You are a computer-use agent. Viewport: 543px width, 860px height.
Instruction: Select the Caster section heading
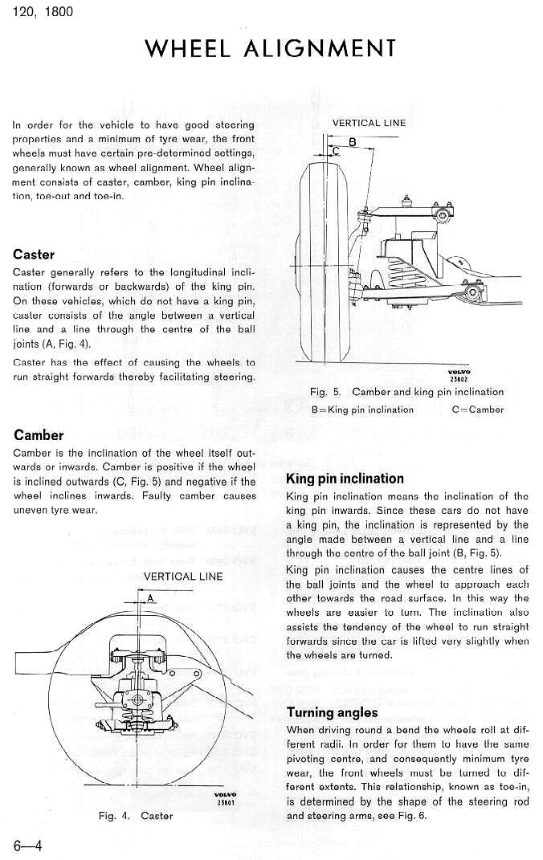click(x=34, y=255)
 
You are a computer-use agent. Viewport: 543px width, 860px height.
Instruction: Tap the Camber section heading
click(x=39, y=435)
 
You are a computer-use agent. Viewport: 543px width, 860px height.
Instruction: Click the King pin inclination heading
click(x=345, y=479)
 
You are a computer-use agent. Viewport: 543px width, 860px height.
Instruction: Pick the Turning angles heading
click(x=332, y=712)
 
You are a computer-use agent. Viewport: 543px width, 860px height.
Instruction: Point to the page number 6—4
click(x=28, y=844)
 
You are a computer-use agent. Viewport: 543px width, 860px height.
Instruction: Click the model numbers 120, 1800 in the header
click(x=43, y=12)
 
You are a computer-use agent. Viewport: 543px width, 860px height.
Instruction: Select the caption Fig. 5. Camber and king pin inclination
click(x=406, y=392)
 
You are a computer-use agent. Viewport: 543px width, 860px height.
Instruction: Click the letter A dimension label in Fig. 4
click(x=149, y=597)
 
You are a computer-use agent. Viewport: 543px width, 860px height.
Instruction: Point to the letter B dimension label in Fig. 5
click(x=352, y=141)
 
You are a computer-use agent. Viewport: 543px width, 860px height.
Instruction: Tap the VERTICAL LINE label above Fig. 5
click(x=369, y=123)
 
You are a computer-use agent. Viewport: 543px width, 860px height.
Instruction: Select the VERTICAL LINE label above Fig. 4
click(x=183, y=576)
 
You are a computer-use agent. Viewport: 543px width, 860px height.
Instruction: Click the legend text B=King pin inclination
click(x=362, y=410)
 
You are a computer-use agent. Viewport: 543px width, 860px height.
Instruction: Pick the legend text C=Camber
click(x=478, y=410)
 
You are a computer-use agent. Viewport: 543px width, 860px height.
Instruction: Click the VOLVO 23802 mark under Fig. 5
click(x=459, y=376)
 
